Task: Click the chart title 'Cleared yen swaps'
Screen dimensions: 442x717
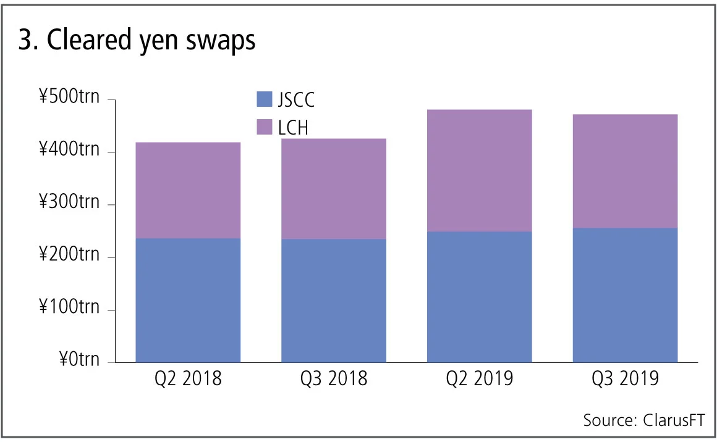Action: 137,41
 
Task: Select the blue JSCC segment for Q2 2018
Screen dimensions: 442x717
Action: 188,300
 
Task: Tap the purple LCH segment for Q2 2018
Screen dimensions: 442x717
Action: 188,190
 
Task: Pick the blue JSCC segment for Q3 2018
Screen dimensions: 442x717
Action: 334,301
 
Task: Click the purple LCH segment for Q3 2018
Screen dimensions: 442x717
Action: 334,189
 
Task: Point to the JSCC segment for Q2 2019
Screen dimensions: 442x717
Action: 480,297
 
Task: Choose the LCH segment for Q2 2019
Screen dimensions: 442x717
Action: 480,170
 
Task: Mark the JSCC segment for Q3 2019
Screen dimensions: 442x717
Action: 625,295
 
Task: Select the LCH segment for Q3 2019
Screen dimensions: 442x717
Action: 625,171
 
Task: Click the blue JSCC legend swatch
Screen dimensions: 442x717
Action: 264,99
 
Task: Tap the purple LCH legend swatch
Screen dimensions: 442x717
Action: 264,127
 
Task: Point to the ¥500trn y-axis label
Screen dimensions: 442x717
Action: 69,97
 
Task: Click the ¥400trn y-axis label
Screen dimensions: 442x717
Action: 69,149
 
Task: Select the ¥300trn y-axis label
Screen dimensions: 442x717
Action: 69,202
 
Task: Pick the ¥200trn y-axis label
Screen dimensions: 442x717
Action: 69,254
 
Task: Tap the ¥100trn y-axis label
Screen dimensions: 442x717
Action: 69,307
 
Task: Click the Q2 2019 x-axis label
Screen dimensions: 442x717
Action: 480,378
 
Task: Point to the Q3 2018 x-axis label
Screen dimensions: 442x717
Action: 334,378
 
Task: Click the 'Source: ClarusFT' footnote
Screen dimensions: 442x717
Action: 643,420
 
